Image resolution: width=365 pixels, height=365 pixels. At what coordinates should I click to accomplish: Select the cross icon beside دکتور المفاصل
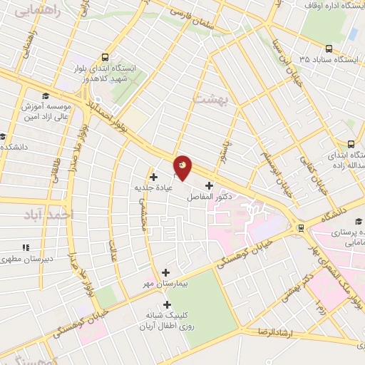[209, 185]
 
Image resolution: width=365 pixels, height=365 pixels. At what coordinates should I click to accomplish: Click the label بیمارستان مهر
[166, 283]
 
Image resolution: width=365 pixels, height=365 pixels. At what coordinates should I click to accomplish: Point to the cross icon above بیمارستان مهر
[167, 272]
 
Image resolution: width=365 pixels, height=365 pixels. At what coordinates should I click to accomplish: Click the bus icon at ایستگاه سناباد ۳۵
[329, 48]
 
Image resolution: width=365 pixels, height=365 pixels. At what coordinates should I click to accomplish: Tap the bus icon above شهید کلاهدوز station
[106, 58]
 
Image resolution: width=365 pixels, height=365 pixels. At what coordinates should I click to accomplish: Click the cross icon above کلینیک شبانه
[168, 305]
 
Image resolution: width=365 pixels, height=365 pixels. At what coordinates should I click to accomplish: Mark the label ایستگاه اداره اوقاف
[329, 6]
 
